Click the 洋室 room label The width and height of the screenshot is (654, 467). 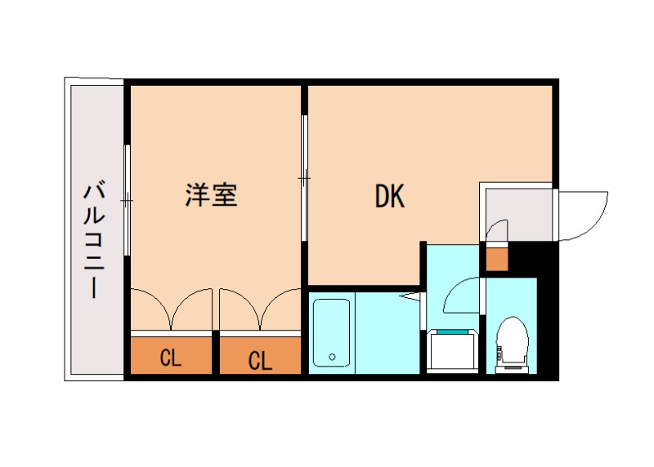coord(211,196)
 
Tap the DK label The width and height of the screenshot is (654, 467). coord(390,196)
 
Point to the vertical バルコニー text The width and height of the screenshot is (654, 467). coord(93,241)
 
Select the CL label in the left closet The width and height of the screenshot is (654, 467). coord(170,358)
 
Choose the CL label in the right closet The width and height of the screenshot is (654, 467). coord(260,359)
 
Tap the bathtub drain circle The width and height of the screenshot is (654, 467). coord(332,357)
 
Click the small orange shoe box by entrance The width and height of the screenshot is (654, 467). coord(496,258)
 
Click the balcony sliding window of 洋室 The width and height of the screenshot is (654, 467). coord(127,199)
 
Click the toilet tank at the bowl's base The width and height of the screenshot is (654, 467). coord(513,366)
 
